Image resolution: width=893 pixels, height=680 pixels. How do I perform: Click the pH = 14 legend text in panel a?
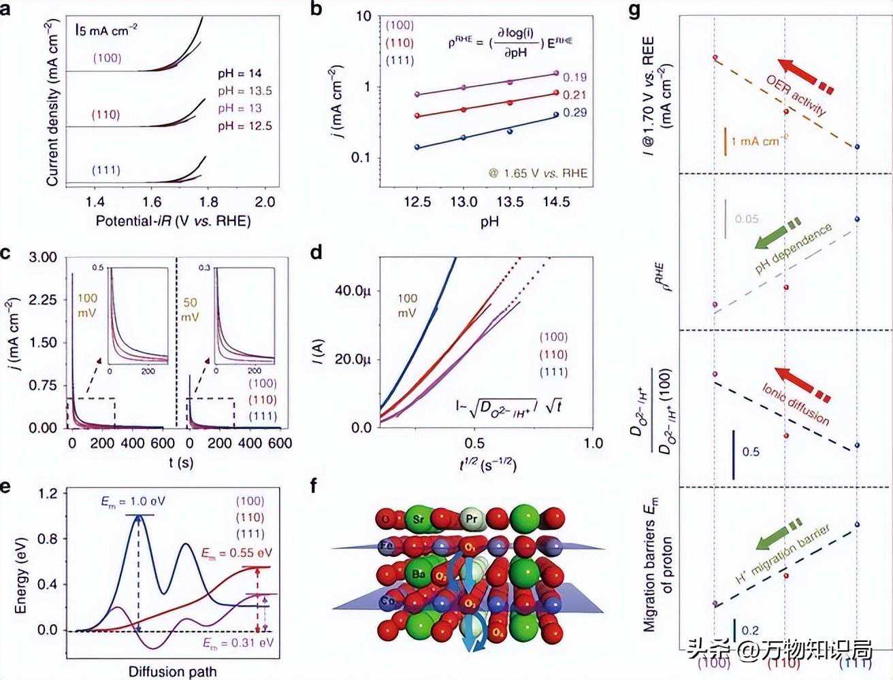click(x=240, y=73)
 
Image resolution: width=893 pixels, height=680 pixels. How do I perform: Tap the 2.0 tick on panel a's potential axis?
click(x=265, y=201)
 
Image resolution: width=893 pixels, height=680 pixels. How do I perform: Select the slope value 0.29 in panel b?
click(x=575, y=113)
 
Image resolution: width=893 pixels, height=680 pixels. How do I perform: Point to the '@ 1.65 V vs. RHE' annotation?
click(x=537, y=173)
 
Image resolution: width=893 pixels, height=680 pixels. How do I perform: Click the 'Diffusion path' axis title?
click(x=172, y=672)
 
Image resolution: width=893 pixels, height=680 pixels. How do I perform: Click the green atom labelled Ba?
click(x=417, y=575)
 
